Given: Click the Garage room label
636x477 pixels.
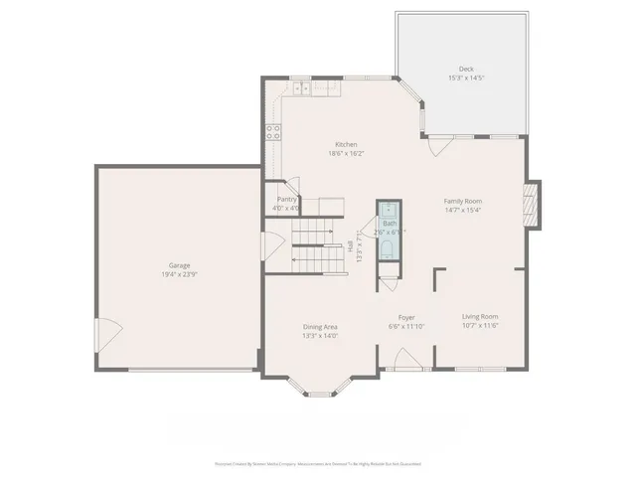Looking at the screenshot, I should (x=179, y=265).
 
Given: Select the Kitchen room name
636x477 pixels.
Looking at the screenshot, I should (x=346, y=144).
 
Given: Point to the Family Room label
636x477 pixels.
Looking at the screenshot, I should (x=462, y=201).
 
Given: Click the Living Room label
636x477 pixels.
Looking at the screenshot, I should (x=479, y=317).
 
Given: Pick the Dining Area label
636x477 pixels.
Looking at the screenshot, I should (x=320, y=327).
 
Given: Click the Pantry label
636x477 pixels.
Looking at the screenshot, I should (x=287, y=200).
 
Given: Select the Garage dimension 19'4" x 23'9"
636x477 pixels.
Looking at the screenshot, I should (x=179, y=274).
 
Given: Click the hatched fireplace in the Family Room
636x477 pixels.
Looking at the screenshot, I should (x=534, y=205).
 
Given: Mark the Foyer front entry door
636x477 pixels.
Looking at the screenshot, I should (x=405, y=362).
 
